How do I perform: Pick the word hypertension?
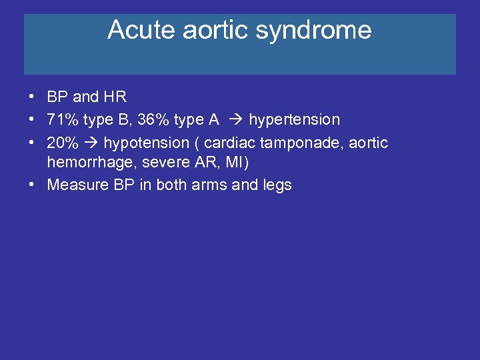coord(294,119)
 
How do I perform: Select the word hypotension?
coord(146,143)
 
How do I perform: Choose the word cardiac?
coord(230,143)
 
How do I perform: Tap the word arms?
coord(209,185)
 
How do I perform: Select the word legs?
coord(277,185)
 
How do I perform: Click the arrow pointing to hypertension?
coord(235,120)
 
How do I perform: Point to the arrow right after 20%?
coord(90,143)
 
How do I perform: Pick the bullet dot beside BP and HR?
coord(32,97)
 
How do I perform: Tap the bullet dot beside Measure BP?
coord(32,185)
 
